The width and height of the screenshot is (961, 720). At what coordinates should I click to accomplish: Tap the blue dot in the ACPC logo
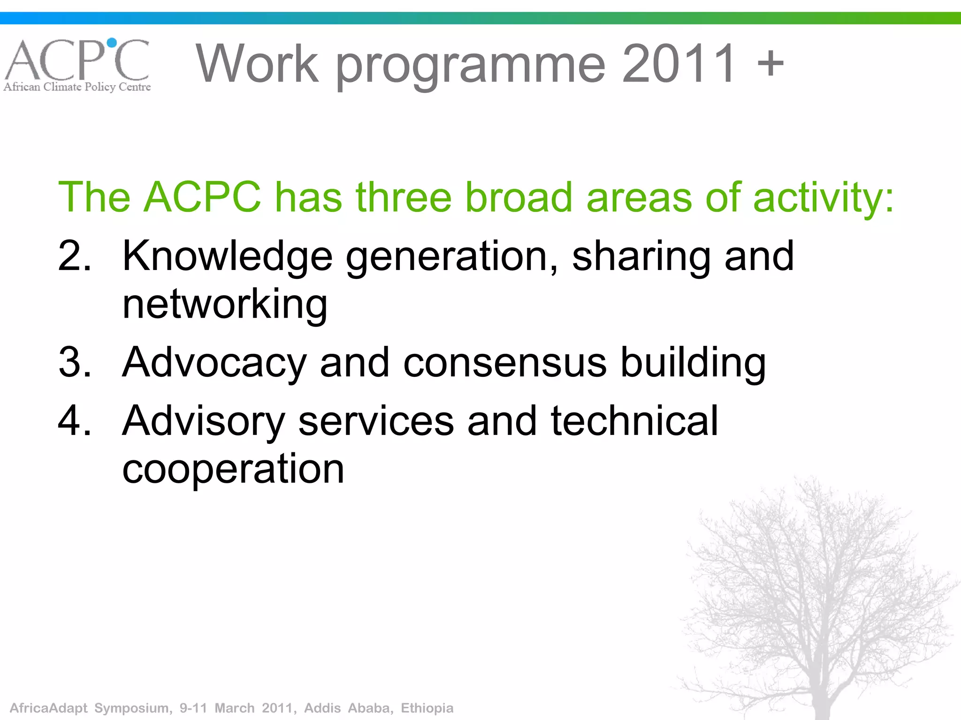point(112,43)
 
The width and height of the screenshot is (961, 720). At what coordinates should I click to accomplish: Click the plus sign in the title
point(770,63)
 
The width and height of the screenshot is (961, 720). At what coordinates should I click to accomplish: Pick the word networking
point(224,305)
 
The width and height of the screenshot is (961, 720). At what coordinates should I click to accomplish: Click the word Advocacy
point(214,363)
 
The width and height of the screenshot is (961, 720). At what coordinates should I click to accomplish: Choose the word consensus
point(505,363)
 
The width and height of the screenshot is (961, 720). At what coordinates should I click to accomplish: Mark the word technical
point(633,420)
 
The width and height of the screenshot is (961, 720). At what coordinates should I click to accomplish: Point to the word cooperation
point(233,469)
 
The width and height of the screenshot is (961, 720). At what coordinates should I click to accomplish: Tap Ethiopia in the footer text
point(427,708)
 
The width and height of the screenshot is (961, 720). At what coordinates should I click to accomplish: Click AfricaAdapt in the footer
point(49,708)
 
